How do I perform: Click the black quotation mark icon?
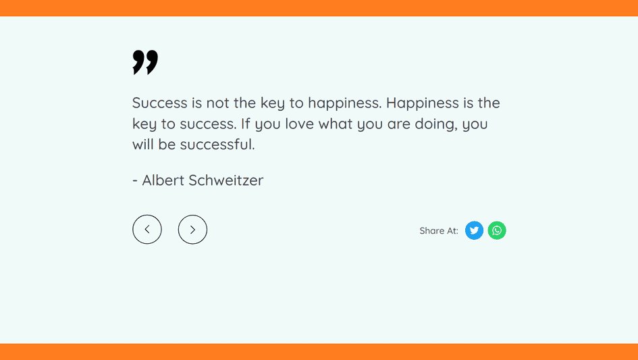[145, 62]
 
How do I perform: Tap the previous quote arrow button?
[147, 229]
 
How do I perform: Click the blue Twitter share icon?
[474, 230]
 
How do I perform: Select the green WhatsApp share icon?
[497, 230]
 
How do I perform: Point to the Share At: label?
[439, 231]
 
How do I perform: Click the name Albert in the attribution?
[163, 180]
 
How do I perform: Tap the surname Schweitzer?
[225, 180]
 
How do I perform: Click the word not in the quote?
[217, 103]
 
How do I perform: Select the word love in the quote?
[300, 124]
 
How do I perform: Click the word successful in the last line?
[217, 145]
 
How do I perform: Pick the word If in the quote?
[245, 124]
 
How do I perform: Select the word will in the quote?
[143, 145]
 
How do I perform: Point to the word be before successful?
[167, 145]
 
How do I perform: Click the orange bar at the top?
[319, 8]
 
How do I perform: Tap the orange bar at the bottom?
[319, 352]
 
